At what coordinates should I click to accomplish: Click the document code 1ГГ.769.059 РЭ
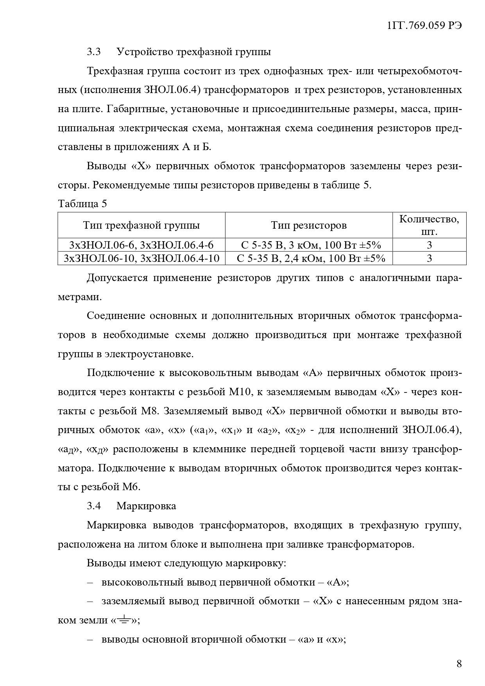[x=424, y=26]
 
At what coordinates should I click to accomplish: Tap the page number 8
[x=459, y=664]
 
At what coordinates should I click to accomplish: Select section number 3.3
[x=94, y=52]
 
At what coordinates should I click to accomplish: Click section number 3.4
[x=94, y=506]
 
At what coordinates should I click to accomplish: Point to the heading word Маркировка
[x=146, y=506]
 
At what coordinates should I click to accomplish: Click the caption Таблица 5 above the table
[x=82, y=204]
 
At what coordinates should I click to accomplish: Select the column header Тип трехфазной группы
[x=141, y=225]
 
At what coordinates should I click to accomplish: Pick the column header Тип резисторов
[x=309, y=225]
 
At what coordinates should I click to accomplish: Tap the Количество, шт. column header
[x=429, y=225]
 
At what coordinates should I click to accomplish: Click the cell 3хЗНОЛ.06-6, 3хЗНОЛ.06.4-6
[x=141, y=245]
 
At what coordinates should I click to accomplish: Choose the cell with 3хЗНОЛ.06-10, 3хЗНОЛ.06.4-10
[x=141, y=258]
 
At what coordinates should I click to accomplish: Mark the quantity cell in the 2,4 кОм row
[x=429, y=258]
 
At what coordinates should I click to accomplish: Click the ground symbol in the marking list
[x=124, y=620]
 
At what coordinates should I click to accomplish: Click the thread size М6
[x=131, y=487]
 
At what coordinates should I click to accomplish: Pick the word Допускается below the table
[x=117, y=278]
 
